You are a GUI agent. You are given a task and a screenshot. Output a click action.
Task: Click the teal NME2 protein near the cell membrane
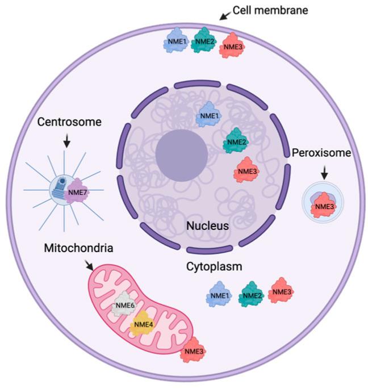(x=203, y=41)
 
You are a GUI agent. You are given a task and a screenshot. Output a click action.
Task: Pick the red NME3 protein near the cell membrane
(x=232, y=45)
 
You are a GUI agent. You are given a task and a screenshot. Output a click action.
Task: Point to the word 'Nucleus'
(x=206, y=226)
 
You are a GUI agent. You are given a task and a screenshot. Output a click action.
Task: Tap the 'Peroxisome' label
(x=323, y=153)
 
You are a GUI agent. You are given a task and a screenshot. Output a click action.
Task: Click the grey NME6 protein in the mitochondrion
(x=124, y=307)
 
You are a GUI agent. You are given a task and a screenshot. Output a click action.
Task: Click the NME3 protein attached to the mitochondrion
(x=193, y=351)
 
